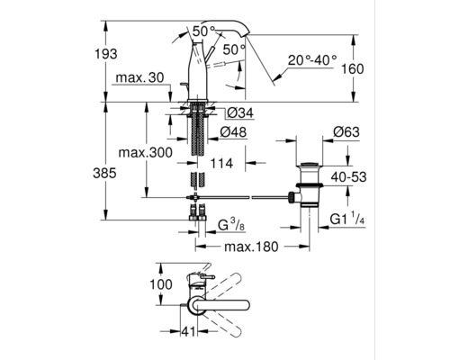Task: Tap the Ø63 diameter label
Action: tap(346, 132)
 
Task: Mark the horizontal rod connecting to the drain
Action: tap(243, 195)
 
